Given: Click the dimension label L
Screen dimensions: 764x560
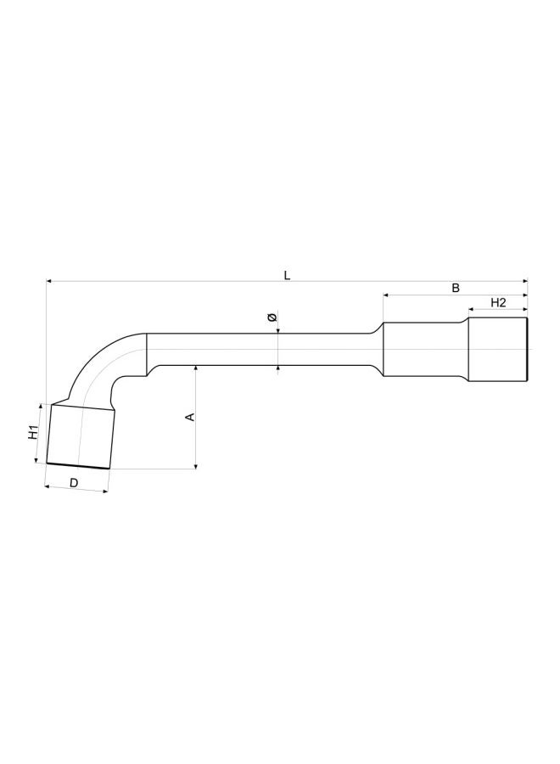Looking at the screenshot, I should coord(287,275).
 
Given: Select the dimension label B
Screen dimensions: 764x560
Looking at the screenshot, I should coord(455,289).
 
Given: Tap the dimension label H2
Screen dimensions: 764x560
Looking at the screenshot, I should coord(498,303).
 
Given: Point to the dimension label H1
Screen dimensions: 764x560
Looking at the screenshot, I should coord(31,432).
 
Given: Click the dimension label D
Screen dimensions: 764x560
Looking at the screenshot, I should coord(74,482).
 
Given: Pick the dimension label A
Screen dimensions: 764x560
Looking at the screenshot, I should coord(190,416).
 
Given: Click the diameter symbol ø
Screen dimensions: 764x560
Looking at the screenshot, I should coord(271,317).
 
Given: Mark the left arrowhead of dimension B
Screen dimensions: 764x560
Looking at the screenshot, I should coord(386,295).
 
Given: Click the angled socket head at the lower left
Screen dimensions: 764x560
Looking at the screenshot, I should coord(79,436).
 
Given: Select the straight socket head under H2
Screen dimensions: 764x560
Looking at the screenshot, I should coord(498,349).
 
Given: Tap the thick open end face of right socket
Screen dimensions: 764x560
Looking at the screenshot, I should coord(528,349).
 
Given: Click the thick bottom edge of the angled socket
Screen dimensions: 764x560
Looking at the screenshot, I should coord(78,466).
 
